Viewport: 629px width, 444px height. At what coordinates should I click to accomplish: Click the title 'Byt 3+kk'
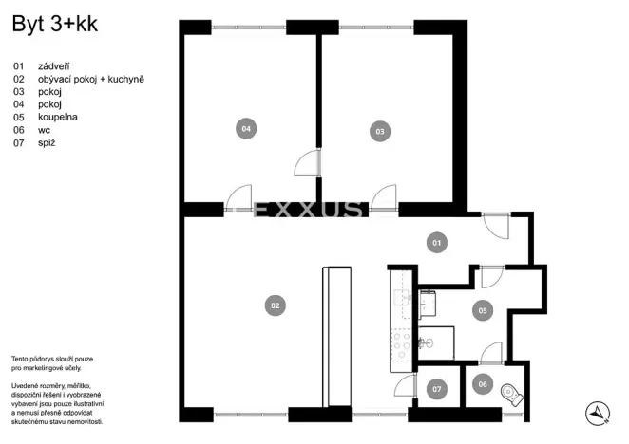pos(54,26)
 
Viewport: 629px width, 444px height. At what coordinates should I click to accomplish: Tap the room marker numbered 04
pos(245,128)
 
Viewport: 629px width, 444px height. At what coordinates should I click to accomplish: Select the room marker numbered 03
pos(380,131)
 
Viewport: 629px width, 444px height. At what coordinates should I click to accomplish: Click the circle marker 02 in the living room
pos(275,305)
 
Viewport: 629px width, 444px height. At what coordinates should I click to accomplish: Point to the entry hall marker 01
pos(437,244)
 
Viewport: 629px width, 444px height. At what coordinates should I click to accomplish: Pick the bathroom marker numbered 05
pos(482,310)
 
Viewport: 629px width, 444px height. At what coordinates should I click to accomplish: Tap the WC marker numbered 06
pos(482,384)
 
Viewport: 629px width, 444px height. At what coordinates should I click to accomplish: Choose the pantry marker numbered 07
pos(437,389)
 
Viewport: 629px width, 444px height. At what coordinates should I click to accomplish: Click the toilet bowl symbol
pos(511,392)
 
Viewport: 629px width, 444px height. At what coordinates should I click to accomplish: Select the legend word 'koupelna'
pos(58,117)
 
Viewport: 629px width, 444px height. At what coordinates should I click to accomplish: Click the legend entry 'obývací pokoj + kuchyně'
pos(91,80)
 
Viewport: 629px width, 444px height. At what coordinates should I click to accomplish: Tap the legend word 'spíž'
pos(48,142)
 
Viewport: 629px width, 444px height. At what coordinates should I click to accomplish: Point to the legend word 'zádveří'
pos(54,67)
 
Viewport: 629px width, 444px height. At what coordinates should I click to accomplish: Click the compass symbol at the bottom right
pos(598,413)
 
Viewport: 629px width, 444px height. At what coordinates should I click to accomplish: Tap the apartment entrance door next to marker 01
pos(495,225)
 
